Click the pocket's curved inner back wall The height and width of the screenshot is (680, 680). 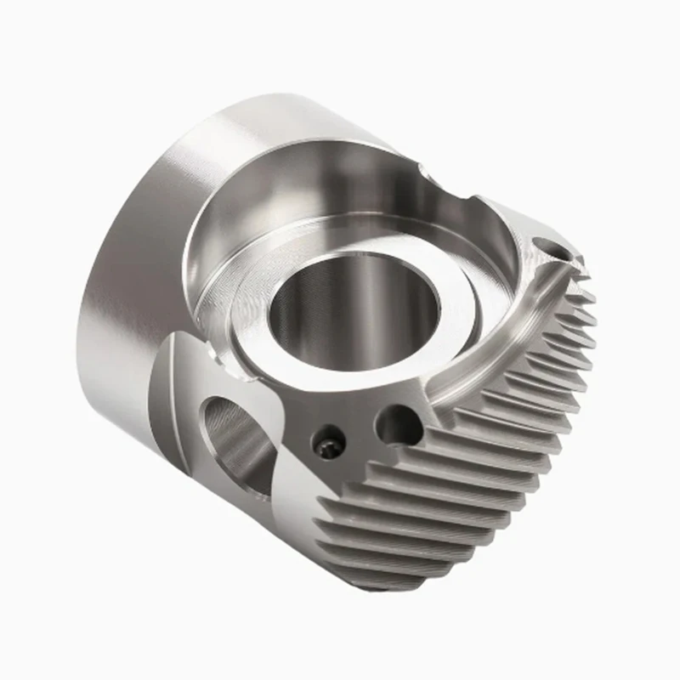[x=280, y=183]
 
